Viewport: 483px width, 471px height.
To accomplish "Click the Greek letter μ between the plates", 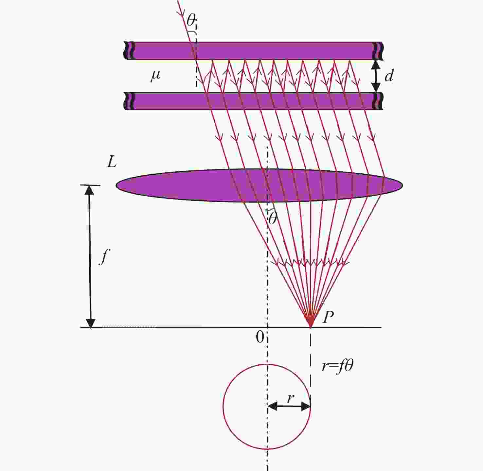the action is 156,76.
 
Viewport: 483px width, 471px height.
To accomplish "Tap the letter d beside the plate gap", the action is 389,76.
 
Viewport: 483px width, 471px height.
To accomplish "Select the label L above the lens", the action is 112,163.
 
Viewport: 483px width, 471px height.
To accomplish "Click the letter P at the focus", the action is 328,317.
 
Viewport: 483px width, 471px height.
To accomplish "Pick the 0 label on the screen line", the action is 259,337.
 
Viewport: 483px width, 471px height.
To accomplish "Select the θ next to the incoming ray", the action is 191,20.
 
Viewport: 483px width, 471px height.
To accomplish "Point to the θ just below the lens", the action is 272,218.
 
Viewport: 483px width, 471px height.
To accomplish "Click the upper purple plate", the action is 253,51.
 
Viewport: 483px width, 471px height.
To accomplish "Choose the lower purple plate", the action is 253,101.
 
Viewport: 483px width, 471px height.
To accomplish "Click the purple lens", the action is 259,185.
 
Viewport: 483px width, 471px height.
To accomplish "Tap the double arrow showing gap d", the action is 376,76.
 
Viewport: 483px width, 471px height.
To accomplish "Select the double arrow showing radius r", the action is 289,406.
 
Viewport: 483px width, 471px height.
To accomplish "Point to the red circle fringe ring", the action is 223,407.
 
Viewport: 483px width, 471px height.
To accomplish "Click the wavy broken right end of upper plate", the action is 378,51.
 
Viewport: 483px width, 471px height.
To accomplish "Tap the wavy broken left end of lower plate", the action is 130,101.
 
